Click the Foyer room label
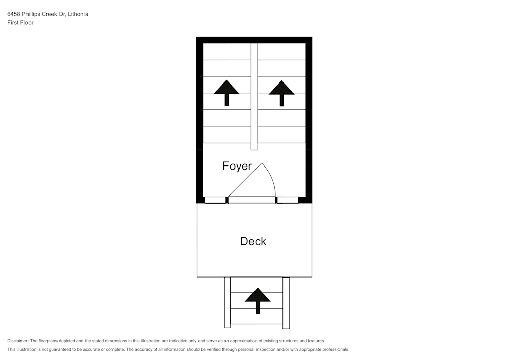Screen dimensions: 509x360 tap(237, 166)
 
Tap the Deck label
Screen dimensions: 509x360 tap(253, 241)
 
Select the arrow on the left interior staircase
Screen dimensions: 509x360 tap(227, 93)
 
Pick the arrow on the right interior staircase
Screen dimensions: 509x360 tap(281, 93)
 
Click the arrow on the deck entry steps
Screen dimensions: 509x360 tap(258, 300)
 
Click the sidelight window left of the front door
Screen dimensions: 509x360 tap(215, 200)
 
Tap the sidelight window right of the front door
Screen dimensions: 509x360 tap(288, 200)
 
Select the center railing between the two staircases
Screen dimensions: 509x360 tap(254, 96)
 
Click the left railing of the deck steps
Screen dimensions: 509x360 tap(228, 302)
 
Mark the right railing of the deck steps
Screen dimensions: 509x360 tap(286, 303)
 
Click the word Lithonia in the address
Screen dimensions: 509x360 tap(78, 14)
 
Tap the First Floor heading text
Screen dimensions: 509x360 tap(20, 23)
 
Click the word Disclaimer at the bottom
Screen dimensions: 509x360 tap(18, 341)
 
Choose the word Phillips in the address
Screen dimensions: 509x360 tap(31, 14)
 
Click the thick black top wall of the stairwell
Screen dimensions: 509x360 tap(254, 40)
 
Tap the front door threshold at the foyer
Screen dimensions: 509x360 tap(252, 200)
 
